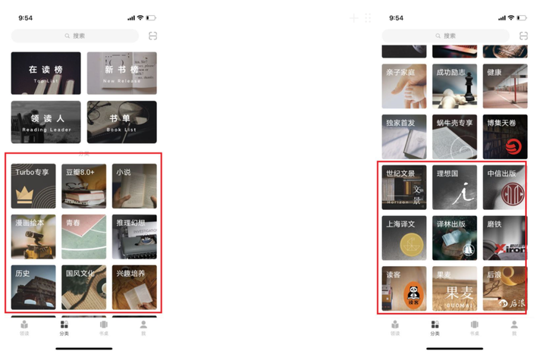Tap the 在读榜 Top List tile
[x=45, y=73]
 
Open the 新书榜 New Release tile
[x=121, y=73]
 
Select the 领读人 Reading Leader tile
[x=45, y=122]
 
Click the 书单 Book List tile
[x=121, y=122]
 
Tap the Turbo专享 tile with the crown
[x=33, y=186]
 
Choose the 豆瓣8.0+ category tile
[x=83, y=186]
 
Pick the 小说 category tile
[x=134, y=186]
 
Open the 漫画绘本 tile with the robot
[x=33, y=236]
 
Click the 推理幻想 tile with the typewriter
[x=134, y=236]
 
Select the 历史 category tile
[x=33, y=286]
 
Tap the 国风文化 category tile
[x=83, y=286]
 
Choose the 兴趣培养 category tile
[x=134, y=286]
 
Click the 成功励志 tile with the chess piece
[x=454, y=86]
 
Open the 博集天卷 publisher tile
[x=505, y=136]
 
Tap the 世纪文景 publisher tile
[x=403, y=187]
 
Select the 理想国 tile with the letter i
[x=454, y=187]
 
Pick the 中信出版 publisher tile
[x=505, y=187]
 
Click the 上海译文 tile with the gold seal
[x=403, y=237]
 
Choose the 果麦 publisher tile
[x=454, y=288]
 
